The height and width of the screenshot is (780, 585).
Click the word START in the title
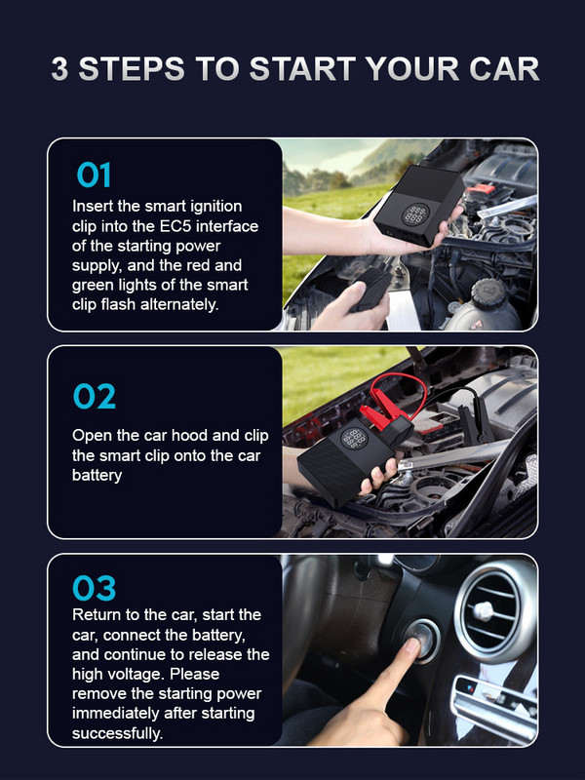coord(302,68)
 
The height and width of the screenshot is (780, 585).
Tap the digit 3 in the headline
coord(59,68)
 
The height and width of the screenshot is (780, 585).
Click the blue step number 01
coord(94,175)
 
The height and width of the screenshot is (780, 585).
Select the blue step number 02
coord(94,396)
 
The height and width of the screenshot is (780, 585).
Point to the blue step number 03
coord(94,588)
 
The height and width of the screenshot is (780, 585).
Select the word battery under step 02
coord(97,475)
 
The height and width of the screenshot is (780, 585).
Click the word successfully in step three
coord(117,733)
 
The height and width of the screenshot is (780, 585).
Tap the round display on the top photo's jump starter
coord(416,214)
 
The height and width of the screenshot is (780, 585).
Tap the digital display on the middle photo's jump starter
coord(354,440)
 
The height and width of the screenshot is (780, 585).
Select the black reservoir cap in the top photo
coord(489,294)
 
